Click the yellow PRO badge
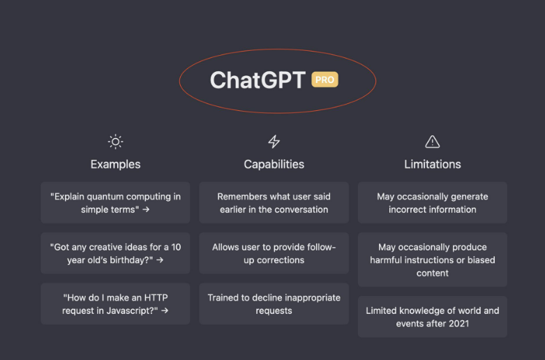pos(324,80)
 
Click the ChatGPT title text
pos(257,80)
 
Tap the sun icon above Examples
pos(115,142)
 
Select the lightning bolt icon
pos(274,142)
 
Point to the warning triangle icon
pos(433,142)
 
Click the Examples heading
pos(115,165)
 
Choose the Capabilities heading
pos(274,165)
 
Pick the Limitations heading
pos(433,165)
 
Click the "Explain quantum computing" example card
pos(115,202)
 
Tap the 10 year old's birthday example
pos(115,253)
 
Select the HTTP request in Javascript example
pos(115,303)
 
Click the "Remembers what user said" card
pos(274,202)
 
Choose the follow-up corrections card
pos(274,253)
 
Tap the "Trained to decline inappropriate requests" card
pos(274,303)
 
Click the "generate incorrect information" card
pos(433,202)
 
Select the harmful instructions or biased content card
pos(433,260)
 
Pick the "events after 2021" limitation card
pos(433,317)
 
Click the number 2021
pos(458,324)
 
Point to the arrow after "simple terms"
pos(146,209)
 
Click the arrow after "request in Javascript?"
pos(165,310)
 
